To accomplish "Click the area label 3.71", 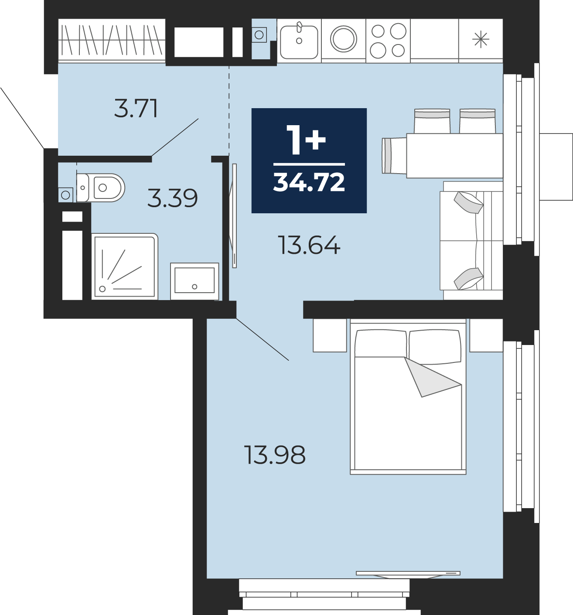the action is (136, 108).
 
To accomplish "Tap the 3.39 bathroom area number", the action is (172, 198).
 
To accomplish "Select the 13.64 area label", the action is (309, 245).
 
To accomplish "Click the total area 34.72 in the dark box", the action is (309, 182).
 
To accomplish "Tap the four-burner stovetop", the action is (388, 41).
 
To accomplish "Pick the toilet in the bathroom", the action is (101, 188).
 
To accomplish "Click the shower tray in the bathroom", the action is (125, 266).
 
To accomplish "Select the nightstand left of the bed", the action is (330, 335).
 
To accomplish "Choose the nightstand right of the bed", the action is (486, 335).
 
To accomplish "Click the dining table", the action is (454, 156).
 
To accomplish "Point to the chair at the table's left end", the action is (394, 156).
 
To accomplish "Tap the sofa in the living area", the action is (471, 241).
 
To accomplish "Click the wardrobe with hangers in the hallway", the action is (112, 40).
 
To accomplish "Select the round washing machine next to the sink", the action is (344, 39).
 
